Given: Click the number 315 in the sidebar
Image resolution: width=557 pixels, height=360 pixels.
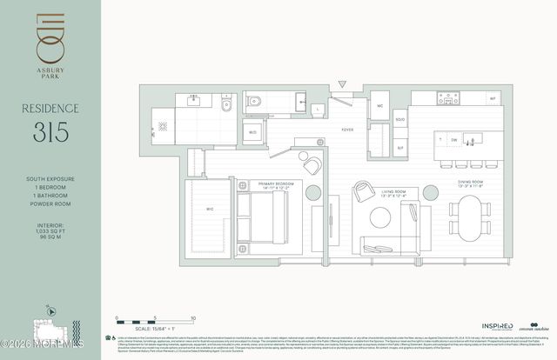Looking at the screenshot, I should [50, 132].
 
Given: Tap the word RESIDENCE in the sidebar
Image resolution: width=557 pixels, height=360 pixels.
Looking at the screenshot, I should [50, 109].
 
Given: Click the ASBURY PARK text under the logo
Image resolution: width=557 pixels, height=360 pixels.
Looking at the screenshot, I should [50, 74].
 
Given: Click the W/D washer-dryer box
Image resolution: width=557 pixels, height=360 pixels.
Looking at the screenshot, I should [253, 133].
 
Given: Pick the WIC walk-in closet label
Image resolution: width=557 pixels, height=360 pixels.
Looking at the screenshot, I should [210, 209].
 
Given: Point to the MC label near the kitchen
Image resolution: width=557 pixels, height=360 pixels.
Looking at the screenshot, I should [380, 106].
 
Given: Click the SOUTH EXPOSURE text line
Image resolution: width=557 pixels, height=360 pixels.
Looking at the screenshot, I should [50, 178].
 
